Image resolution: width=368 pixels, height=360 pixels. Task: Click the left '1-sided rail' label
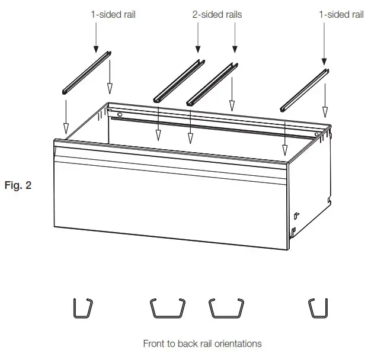(x=113, y=14)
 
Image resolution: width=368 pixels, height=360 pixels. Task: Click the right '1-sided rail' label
(x=341, y=14)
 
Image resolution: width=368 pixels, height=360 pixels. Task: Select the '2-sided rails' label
(x=217, y=14)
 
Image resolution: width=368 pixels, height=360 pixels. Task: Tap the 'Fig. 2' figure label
(x=18, y=185)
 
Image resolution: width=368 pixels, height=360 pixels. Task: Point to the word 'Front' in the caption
(x=153, y=343)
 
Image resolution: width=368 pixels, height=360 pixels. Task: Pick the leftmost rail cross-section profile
(x=82, y=308)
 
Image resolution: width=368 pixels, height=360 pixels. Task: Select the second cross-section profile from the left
(x=167, y=308)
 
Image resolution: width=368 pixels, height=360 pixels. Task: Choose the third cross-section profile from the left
(x=227, y=308)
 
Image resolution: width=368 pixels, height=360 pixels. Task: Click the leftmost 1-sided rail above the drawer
(x=87, y=73)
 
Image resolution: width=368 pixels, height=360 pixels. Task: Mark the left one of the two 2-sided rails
(x=180, y=79)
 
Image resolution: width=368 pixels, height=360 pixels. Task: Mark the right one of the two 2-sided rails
(x=212, y=83)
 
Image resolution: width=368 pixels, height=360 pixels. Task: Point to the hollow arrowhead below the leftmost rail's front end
(x=66, y=127)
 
